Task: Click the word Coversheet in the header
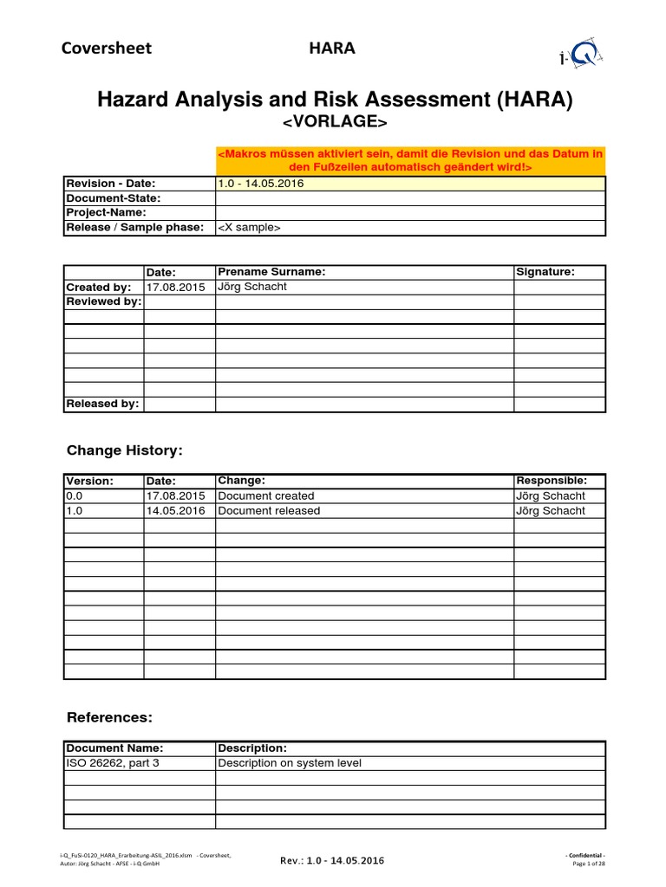(x=106, y=48)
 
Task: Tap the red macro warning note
(x=409, y=160)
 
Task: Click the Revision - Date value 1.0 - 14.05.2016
(x=260, y=184)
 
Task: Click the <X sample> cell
(x=249, y=228)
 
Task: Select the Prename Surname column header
(x=271, y=272)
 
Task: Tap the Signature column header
(x=545, y=272)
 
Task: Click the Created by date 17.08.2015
(x=176, y=287)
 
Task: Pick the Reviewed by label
(x=103, y=301)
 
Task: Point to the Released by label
(x=103, y=404)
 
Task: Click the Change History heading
(x=125, y=450)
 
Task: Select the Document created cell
(x=266, y=496)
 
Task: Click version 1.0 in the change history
(x=73, y=511)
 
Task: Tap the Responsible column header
(x=552, y=481)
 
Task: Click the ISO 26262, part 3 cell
(x=113, y=763)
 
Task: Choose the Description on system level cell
(x=290, y=763)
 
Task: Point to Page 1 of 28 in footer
(x=590, y=864)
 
